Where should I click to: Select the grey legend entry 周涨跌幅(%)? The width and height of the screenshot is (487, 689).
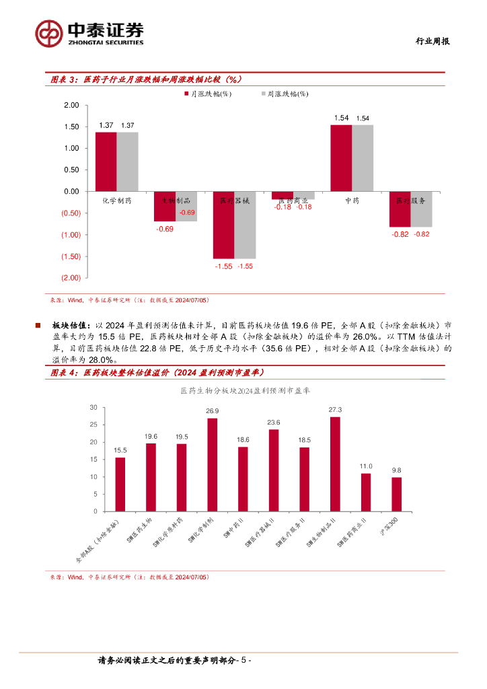click(285, 95)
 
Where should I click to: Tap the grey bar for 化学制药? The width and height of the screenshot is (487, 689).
click(127, 161)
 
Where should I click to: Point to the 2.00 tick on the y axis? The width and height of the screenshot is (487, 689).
click(71, 106)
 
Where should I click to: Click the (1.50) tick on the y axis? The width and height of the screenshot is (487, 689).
click(70, 256)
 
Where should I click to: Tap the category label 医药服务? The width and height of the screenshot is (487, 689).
click(410, 201)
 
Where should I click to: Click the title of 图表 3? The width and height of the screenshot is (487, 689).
click(146, 79)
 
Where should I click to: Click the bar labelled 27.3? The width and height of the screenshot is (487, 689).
click(335, 464)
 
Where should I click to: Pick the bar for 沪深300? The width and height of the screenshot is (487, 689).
click(397, 495)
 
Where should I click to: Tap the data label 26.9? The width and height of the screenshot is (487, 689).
click(213, 411)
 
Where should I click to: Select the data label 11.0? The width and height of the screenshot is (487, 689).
click(366, 466)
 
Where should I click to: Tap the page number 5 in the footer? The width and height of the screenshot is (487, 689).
click(245, 661)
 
